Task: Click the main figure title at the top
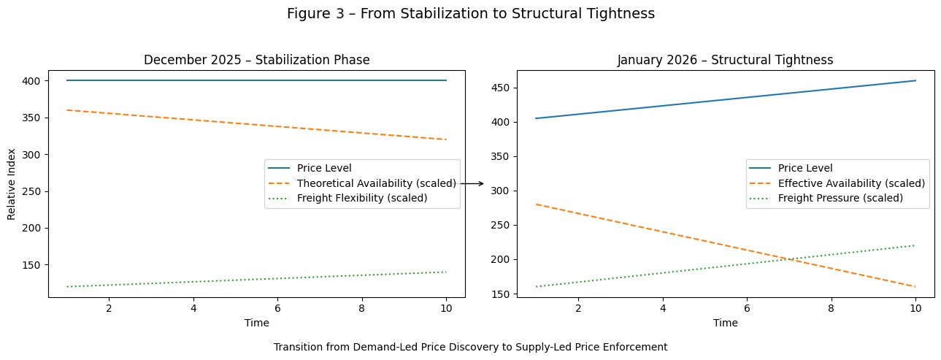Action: (x=470, y=14)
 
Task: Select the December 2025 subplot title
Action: (x=256, y=60)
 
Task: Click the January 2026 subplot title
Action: (x=725, y=60)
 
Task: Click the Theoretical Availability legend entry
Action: (x=376, y=183)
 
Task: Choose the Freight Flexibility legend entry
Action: (x=361, y=198)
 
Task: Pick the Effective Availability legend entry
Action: (x=850, y=183)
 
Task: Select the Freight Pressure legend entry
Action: (x=840, y=198)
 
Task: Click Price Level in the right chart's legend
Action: (x=804, y=168)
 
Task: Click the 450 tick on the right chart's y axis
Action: (x=502, y=88)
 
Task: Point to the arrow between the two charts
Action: (x=472, y=184)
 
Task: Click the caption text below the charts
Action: (x=470, y=348)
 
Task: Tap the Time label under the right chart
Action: (x=725, y=323)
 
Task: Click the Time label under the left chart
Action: (x=256, y=323)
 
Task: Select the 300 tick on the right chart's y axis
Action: (x=502, y=191)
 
